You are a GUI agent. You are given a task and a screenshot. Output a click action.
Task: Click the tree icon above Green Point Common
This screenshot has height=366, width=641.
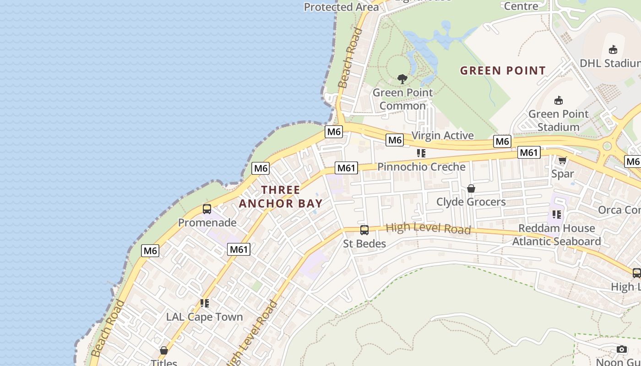[402, 79]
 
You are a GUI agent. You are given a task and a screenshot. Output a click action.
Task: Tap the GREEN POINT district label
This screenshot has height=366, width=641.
[503, 70]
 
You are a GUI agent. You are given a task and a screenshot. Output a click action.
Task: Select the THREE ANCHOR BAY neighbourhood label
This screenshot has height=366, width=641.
[281, 196]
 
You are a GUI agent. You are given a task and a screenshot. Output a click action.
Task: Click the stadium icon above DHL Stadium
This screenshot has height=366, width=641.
[613, 50]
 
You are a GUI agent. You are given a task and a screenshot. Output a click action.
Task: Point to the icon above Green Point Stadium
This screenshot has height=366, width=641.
[558, 100]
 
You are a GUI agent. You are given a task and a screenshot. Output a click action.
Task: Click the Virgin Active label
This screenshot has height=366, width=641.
[442, 135]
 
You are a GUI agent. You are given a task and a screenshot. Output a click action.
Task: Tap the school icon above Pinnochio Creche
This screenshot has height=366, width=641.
[421, 153]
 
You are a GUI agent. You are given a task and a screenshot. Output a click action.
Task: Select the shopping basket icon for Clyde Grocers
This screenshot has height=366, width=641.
[471, 188]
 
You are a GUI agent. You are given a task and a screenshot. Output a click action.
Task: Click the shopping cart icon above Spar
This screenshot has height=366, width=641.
[562, 160]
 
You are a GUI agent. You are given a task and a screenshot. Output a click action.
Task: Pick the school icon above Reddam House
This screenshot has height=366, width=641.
[556, 214]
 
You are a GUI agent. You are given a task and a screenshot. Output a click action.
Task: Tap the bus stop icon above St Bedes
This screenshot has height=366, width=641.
[364, 230]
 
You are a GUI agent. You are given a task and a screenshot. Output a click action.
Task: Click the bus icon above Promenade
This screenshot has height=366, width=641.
[207, 209]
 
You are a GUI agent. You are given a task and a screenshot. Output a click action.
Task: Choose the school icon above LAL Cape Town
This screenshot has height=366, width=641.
[204, 303]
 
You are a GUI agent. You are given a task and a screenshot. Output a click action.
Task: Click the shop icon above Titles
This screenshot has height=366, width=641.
[164, 350]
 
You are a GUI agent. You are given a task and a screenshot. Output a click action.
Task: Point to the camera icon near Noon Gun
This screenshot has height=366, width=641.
[621, 350]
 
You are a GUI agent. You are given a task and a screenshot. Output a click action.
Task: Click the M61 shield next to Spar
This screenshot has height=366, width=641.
[529, 152]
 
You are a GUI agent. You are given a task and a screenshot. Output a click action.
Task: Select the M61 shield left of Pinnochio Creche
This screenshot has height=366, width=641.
[346, 168]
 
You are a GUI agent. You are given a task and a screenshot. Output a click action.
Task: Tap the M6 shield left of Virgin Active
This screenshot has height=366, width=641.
[395, 140]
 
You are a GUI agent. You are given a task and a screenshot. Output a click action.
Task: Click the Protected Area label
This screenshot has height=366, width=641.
[342, 7]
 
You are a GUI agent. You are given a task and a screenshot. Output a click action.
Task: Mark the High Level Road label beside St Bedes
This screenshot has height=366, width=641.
[428, 228]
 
